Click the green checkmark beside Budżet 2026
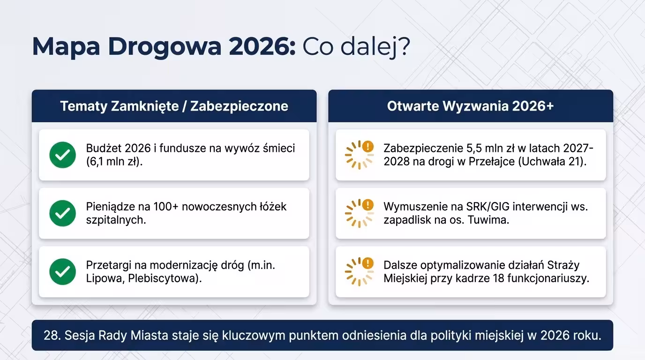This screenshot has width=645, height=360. coord(62,155)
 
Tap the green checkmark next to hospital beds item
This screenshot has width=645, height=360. coord(62,213)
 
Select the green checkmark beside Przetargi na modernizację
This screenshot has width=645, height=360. coord(62,271)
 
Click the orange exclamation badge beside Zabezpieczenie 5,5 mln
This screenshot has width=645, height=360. coord(368,146)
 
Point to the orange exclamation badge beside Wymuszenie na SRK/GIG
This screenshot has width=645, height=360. coord(368,205)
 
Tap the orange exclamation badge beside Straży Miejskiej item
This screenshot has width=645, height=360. coord(368,263)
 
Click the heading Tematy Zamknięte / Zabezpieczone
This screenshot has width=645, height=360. coord(174,106)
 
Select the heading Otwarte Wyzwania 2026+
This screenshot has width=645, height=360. coord(470,106)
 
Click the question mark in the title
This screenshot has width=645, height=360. coord(403,47)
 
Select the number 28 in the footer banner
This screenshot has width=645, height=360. coord(50,336)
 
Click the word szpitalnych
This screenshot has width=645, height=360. coord(115,220)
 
